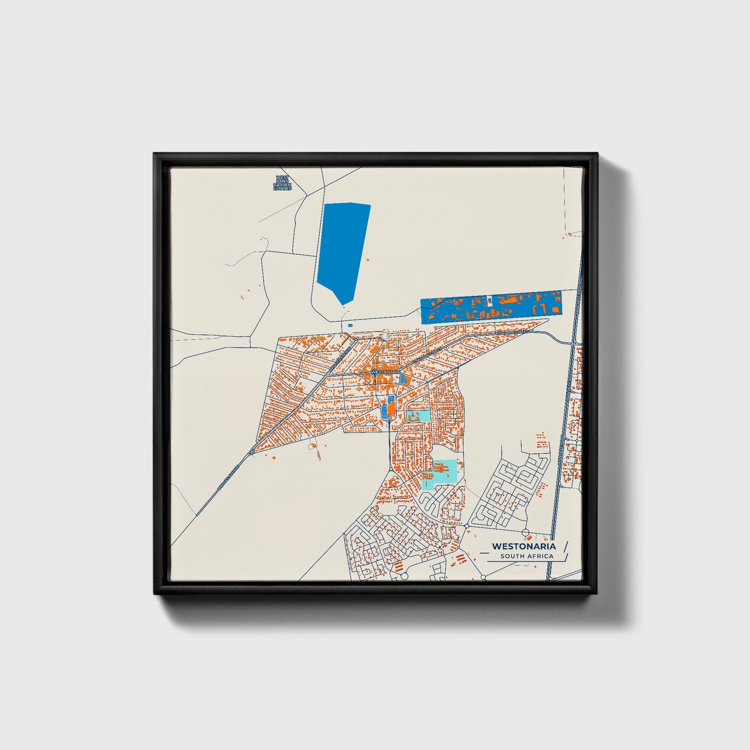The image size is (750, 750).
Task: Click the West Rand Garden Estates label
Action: point(283,183)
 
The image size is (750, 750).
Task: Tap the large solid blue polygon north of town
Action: point(343,249)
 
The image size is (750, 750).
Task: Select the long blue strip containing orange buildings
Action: point(490,307)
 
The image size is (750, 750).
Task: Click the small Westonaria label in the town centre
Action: point(386,372)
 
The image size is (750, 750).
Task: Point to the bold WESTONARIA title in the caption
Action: point(524,547)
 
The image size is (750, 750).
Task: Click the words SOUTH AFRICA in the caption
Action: point(527,556)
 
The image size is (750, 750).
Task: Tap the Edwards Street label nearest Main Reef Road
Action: point(512,331)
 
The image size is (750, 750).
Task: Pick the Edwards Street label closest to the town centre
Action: point(429,355)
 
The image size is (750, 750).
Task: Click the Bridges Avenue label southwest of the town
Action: point(228,477)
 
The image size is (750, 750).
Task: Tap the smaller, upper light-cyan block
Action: point(418,416)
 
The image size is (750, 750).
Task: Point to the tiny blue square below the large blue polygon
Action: point(350,325)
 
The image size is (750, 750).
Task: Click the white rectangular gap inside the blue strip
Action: point(489,300)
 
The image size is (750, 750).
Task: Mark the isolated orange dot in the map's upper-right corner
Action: point(569,234)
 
